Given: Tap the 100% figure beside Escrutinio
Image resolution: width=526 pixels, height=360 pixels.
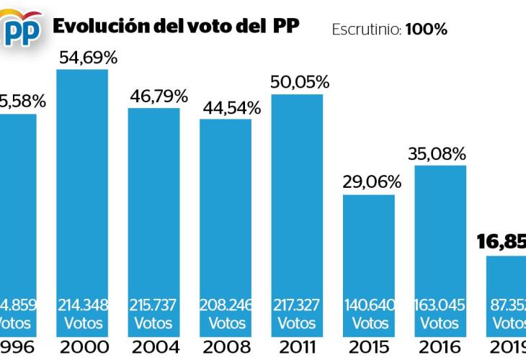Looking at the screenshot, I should pyautogui.click(x=426, y=30).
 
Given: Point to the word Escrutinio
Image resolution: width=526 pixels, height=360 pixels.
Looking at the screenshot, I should pyautogui.click(x=366, y=30).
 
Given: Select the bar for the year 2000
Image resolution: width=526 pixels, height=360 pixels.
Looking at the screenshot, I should pyautogui.click(x=82, y=202).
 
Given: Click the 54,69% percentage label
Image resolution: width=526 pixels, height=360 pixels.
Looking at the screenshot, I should pyautogui.click(x=83, y=58).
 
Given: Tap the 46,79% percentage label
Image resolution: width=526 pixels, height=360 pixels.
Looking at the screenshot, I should pyautogui.click(x=154, y=96).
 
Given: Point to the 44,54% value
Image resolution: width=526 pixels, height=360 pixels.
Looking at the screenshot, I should pyautogui.click(x=226, y=108).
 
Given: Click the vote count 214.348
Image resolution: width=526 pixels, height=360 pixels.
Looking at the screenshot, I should pyautogui.click(x=83, y=305).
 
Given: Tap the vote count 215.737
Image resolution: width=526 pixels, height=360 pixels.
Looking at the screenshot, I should pyautogui.click(x=154, y=305).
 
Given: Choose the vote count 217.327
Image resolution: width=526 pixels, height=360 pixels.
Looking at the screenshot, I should pyautogui.click(x=297, y=305).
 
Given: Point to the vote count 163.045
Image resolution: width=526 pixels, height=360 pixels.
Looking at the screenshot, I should pyautogui.click(x=440, y=305).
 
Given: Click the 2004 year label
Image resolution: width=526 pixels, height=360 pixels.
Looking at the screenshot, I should pyautogui.click(x=154, y=347).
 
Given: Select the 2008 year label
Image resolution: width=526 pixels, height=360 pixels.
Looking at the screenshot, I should pyautogui.click(x=226, y=347).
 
